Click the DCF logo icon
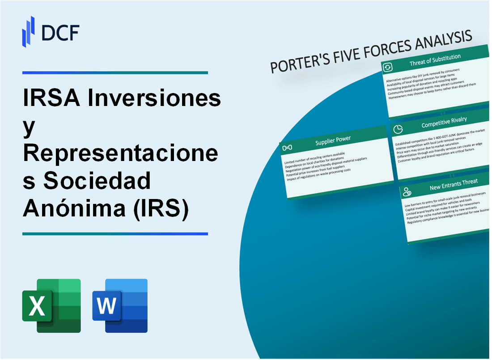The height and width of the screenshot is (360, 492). [28, 31]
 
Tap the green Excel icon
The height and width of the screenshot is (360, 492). [51, 305]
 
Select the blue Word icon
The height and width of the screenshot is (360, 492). [120, 305]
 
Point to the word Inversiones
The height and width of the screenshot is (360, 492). [154, 98]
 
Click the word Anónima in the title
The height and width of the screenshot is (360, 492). [74, 209]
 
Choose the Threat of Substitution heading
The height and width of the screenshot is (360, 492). [435, 60]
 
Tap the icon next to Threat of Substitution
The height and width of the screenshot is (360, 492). [388, 67]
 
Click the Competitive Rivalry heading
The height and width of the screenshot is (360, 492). [444, 122]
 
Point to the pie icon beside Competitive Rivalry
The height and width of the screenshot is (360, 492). [398, 129]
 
